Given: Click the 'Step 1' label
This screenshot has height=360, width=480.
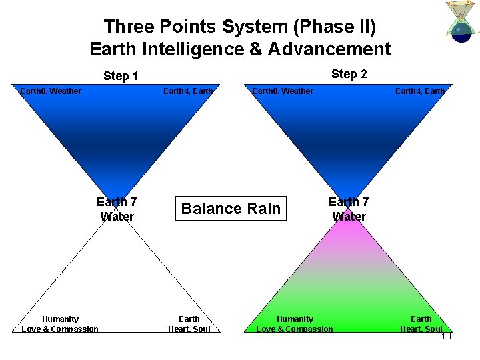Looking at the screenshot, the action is coord(121,76).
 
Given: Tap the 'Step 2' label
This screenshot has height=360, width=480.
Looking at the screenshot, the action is coord(349,74).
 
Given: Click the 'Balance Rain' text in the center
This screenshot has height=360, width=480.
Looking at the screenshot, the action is coord(231,209).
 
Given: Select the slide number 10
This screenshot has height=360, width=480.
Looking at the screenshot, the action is coord(446,336).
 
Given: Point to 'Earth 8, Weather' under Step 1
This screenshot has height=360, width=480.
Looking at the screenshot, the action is coord(51,91).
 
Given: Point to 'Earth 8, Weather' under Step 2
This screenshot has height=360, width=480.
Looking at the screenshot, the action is coord(283,91).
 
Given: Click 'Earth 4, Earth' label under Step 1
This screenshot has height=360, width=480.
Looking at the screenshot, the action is coord(188,91).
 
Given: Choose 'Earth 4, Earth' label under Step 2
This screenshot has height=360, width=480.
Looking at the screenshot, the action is coord(420,91).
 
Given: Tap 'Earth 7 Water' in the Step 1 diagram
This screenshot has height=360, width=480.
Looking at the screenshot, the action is coord(117,209).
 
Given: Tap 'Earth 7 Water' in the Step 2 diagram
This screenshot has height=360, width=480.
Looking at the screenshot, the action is coord(349,209).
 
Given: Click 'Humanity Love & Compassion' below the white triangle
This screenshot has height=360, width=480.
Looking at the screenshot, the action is coord(60,324).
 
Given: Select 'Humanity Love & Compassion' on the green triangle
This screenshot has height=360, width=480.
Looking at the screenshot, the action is coord(295,324).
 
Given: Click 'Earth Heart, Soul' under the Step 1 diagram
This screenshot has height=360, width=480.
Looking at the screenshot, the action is coord(189,324).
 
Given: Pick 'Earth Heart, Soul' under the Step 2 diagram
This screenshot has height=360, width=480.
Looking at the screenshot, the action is coord(421,324).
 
